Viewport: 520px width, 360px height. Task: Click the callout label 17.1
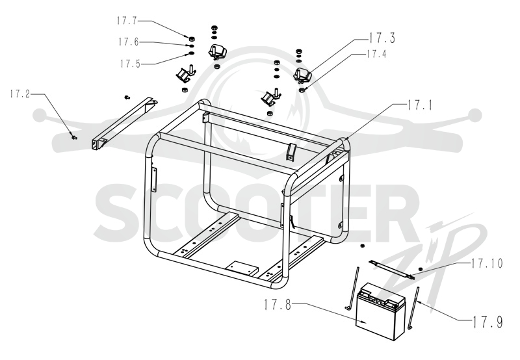click(419, 105)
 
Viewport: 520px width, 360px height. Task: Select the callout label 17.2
click(19, 94)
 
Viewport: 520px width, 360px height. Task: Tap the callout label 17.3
click(382, 38)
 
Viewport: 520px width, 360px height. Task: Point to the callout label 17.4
click(376, 54)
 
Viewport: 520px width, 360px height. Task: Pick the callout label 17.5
click(130, 64)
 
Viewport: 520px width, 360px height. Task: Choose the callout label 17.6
click(128, 42)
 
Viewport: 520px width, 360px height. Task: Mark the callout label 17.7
click(127, 21)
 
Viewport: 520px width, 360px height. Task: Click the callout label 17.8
click(278, 305)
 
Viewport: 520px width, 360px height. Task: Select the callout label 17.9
click(487, 322)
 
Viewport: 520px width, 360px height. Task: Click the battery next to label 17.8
click(380, 311)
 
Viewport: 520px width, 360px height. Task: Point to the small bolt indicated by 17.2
click(73, 136)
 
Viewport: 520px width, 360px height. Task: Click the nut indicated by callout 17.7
click(191, 39)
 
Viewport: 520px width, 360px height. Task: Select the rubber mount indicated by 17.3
click(302, 75)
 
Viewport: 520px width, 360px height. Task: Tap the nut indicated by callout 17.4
click(302, 90)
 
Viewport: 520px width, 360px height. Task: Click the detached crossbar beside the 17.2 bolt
click(124, 123)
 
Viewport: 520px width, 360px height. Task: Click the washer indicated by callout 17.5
click(191, 53)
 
